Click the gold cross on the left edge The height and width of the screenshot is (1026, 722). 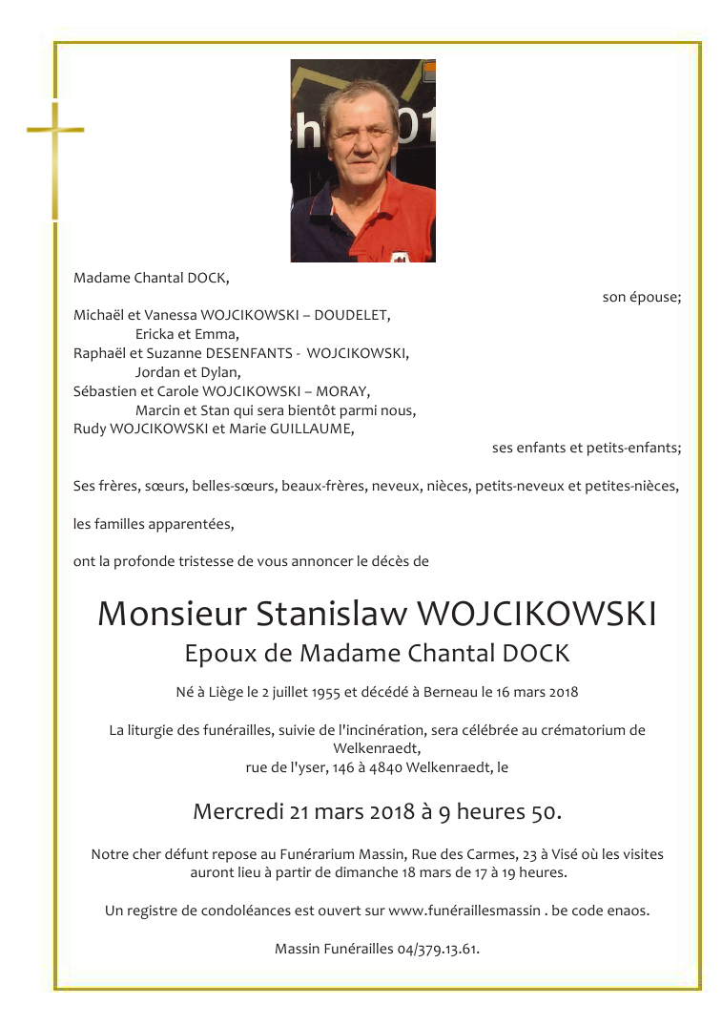tap(55, 153)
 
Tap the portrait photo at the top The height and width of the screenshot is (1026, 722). tap(362, 160)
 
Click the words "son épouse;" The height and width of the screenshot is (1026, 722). tap(641, 297)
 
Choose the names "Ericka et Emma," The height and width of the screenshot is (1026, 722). tap(187, 334)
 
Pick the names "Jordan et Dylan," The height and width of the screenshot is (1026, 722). tap(188, 372)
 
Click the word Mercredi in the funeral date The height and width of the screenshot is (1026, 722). tap(238, 812)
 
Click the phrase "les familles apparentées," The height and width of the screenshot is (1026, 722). tap(153, 524)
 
